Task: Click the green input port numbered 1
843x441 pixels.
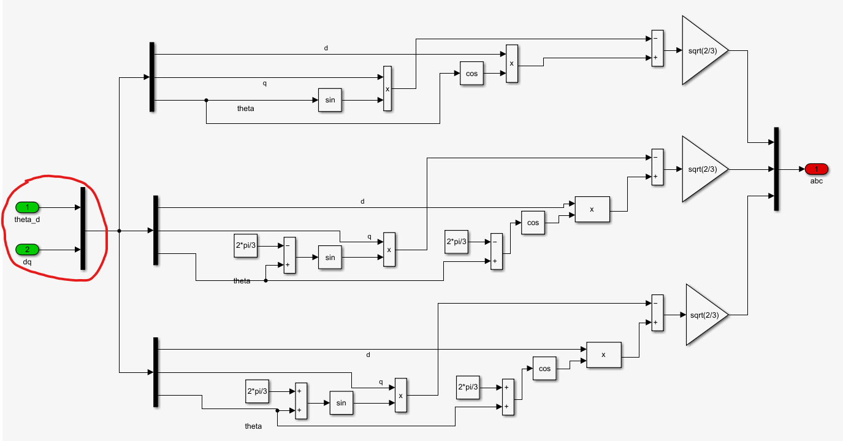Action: click(27, 207)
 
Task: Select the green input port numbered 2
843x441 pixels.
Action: click(27, 250)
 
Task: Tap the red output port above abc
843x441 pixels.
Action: click(816, 169)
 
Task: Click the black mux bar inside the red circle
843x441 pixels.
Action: click(83, 229)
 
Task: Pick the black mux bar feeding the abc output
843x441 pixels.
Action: click(776, 169)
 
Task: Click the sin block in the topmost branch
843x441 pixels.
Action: click(330, 100)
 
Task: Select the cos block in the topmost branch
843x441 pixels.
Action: click(471, 74)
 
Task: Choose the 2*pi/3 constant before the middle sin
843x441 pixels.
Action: click(246, 245)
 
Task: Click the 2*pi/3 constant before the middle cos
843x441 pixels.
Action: click(456, 242)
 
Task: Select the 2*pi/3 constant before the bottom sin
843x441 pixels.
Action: click(257, 391)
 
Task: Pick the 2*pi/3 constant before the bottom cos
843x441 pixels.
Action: click(468, 388)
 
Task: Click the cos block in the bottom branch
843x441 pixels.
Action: click(544, 369)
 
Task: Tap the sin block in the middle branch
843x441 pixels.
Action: click(330, 258)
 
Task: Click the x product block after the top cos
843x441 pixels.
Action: click(511, 63)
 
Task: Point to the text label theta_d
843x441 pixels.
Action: click(27, 220)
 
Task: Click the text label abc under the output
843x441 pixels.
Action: click(816, 181)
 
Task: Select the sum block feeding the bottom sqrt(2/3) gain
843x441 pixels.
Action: click(657, 313)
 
